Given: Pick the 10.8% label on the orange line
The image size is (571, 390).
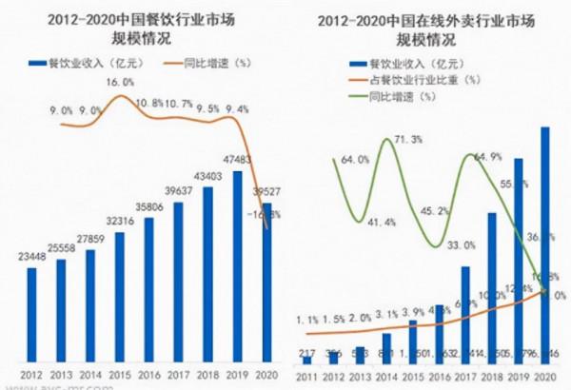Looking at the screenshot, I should [x=148, y=103].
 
